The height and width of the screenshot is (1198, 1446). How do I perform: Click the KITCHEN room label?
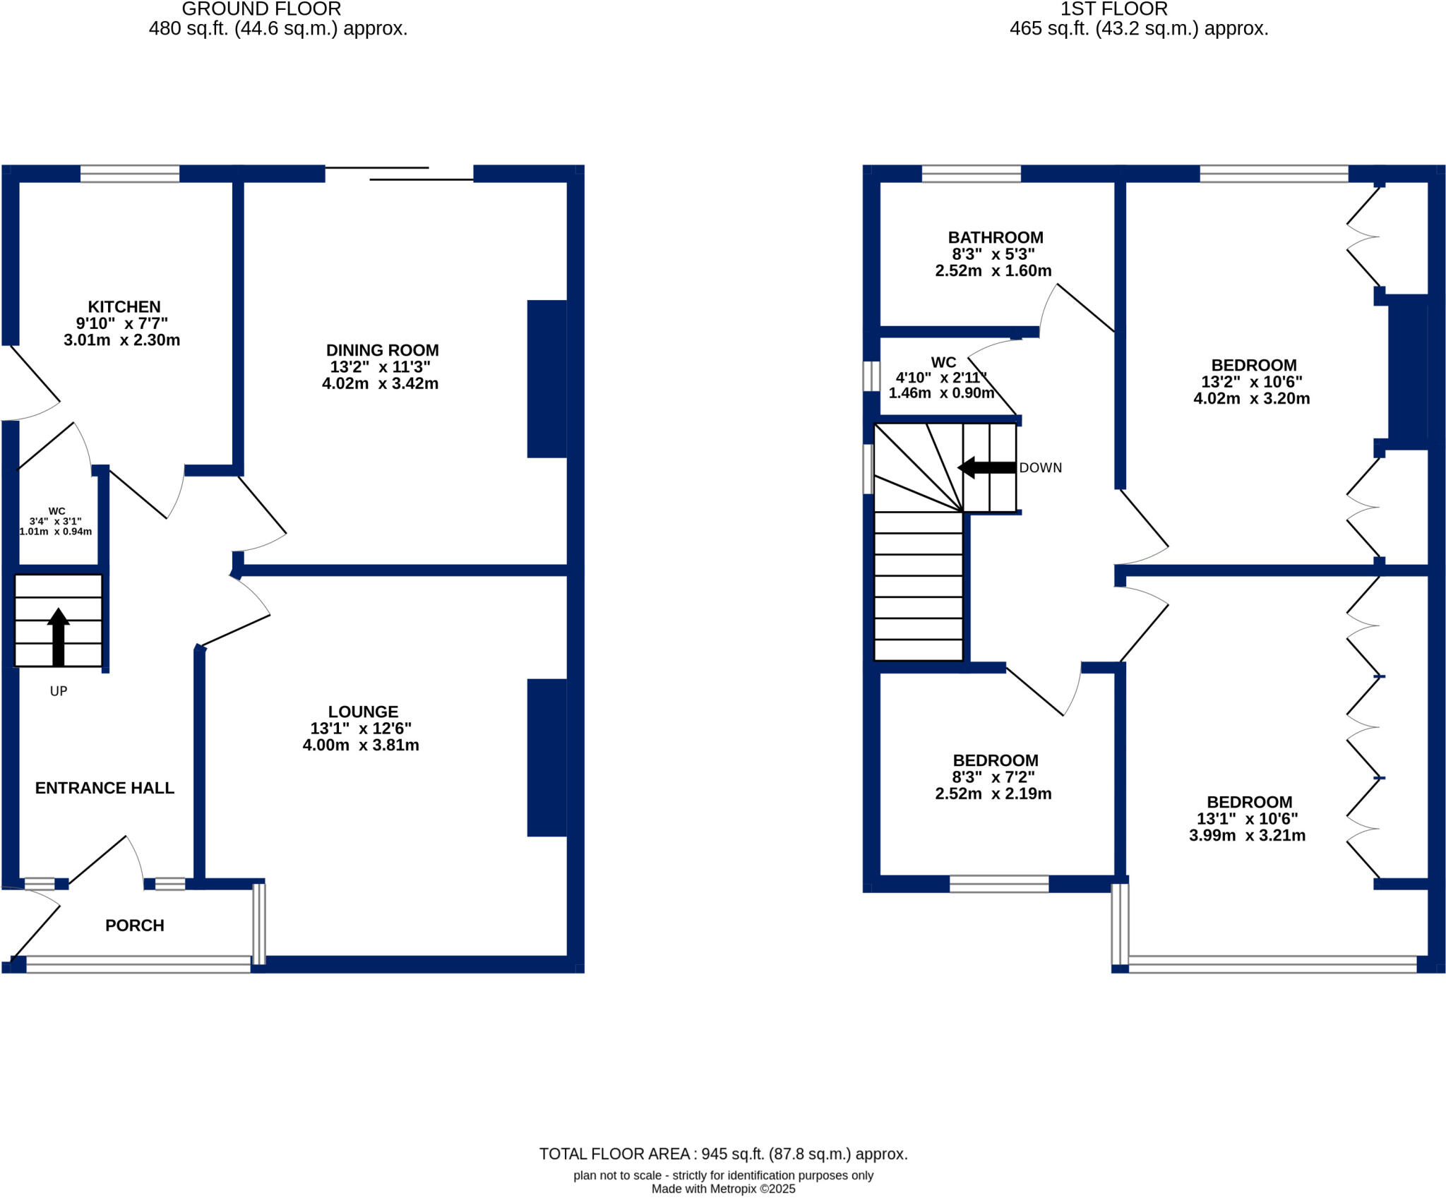click(x=124, y=307)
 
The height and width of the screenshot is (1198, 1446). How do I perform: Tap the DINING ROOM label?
click(x=382, y=350)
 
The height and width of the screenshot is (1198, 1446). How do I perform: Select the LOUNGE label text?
click(x=363, y=712)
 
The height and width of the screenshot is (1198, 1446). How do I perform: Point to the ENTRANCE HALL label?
click(x=104, y=788)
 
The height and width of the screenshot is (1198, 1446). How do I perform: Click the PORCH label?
click(x=134, y=926)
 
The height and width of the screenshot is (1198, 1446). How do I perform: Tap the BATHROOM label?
click(x=995, y=238)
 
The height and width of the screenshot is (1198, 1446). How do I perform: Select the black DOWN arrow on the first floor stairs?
click(x=986, y=468)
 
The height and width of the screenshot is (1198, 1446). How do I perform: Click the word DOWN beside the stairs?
click(x=1040, y=468)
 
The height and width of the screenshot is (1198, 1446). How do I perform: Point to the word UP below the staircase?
click(x=59, y=691)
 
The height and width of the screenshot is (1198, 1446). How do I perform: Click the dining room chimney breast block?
click(x=547, y=379)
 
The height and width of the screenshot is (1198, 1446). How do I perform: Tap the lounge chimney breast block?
click(x=547, y=757)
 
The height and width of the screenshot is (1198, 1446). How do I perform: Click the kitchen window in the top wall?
click(x=130, y=174)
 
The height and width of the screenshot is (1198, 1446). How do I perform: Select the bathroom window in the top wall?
click(x=971, y=174)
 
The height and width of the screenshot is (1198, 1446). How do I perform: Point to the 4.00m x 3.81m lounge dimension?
click(x=361, y=745)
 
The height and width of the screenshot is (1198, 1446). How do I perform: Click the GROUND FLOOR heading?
click(x=261, y=9)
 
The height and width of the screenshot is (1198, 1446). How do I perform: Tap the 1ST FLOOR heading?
click(x=1114, y=9)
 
